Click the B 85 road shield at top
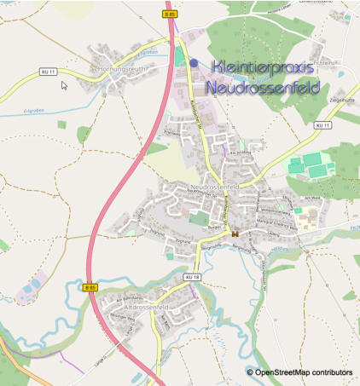[x=169, y=13]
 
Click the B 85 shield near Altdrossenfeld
[x=91, y=288]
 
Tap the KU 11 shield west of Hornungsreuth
[x=48, y=72]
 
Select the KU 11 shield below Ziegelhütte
[x=322, y=126]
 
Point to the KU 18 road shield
[x=191, y=278]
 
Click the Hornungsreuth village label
[x=123, y=68]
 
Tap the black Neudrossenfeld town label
[x=216, y=185]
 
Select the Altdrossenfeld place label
[x=144, y=306]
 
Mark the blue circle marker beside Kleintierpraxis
[x=194, y=62]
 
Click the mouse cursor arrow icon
[x=64, y=85]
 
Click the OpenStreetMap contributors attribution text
[x=304, y=372]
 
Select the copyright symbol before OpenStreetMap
[x=250, y=372]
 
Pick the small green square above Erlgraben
[x=61, y=124]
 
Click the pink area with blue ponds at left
[x=31, y=286]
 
